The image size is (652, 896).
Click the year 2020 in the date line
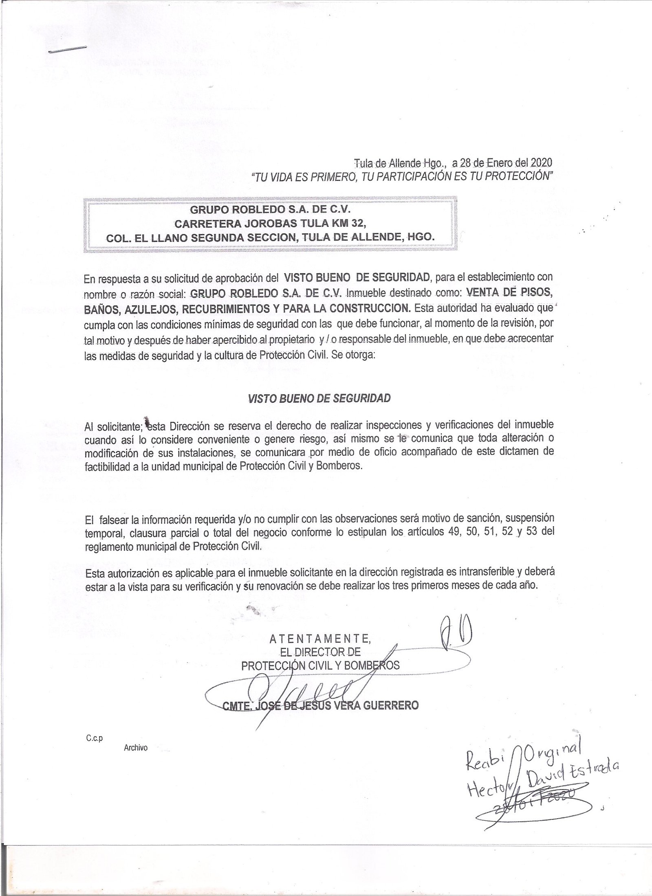pyautogui.click(x=542, y=163)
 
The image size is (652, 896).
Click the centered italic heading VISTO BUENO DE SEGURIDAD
pyautogui.click(x=319, y=398)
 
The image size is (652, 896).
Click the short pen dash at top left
pyautogui.click(x=68, y=49)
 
